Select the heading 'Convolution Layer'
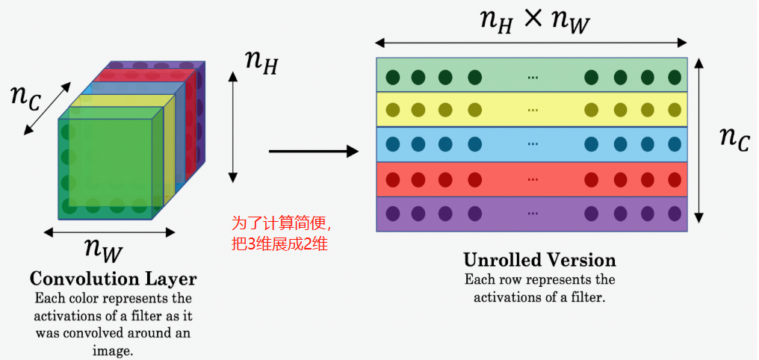pos(113,279)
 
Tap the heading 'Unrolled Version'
pos(539,261)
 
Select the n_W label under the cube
pos(102,248)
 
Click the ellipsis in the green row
pos(533,77)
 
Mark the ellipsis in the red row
pos(533,179)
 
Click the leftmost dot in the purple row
pos(391,214)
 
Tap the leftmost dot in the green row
pos(391,77)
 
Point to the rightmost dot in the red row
pos(675,179)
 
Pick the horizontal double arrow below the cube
pos(109,232)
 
